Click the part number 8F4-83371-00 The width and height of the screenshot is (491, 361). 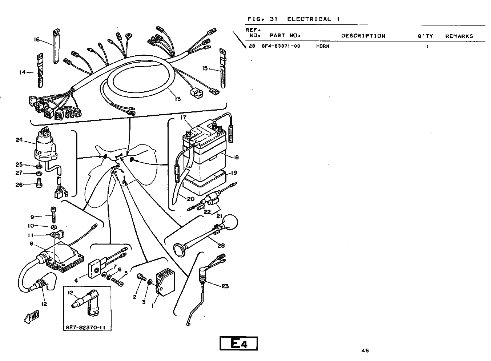(281, 46)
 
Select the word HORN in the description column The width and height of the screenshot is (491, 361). (323, 46)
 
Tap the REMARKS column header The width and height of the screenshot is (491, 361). (459, 36)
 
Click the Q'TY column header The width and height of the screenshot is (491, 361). (425, 36)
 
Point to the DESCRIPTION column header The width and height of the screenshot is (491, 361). (363, 36)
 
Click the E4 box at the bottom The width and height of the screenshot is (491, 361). (238, 344)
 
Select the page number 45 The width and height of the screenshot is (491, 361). (365, 350)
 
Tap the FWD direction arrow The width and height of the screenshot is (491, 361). (32, 317)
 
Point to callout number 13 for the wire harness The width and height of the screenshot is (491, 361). (177, 99)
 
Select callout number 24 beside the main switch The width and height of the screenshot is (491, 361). (19, 139)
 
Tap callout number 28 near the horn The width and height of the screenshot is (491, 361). (221, 246)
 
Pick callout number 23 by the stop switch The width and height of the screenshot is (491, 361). (225, 286)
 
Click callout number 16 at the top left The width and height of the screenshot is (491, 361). (37, 39)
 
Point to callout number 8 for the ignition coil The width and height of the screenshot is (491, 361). (32, 244)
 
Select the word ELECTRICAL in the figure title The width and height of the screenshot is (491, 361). (309, 19)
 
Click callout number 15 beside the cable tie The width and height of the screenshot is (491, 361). (205, 68)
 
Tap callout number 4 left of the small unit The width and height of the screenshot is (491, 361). (76, 281)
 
